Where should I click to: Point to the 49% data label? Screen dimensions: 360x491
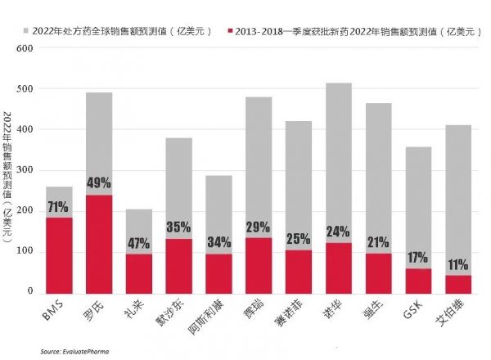[x=99, y=182]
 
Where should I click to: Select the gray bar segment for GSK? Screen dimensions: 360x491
[x=419, y=205]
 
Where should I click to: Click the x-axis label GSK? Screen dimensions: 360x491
[x=412, y=314]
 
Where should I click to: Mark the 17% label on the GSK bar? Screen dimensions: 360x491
[x=419, y=257]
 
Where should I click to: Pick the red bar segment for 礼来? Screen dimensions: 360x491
[x=139, y=274]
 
